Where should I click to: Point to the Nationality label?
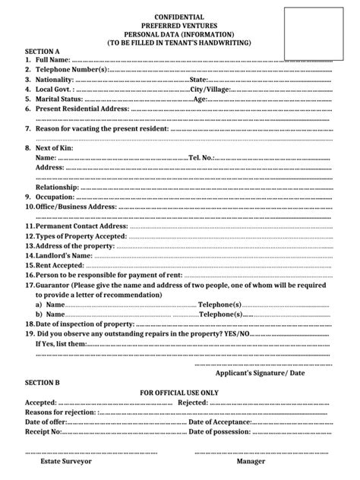coord(55,79)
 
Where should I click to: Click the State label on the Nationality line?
coord(199,79)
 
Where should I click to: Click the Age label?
coord(201,99)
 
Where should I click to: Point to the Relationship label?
coord(58,187)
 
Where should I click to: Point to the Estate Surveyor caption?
coord(65,460)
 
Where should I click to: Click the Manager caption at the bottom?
coord(251,460)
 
